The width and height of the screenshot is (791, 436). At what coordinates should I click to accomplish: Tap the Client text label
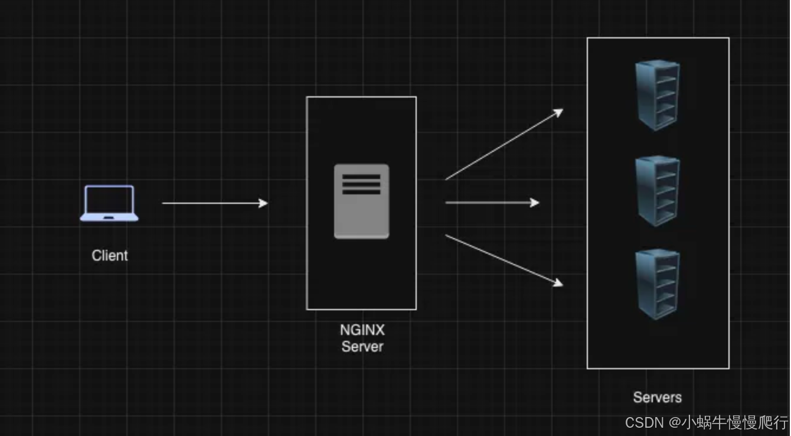pos(110,256)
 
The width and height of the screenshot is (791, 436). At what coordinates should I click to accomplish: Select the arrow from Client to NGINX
pos(213,203)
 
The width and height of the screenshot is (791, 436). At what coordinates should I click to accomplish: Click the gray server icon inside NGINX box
pos(361,201)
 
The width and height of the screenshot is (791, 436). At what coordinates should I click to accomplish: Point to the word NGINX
pos(362,330)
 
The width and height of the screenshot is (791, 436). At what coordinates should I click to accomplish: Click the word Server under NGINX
pos(362,347)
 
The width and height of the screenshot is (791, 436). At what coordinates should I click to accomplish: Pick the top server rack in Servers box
pos(658,95)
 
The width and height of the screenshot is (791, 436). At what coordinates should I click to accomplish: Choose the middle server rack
pos(658,191)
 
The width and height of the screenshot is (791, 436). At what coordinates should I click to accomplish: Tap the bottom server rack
pos(658,284)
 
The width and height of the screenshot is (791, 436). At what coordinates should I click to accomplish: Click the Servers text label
pos(657,398)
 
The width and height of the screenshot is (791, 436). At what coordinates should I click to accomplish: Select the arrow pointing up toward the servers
pos(502,145)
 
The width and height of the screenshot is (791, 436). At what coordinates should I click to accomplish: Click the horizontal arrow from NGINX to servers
pos(490,203)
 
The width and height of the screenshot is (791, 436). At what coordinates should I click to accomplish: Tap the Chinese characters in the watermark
pos(735,423)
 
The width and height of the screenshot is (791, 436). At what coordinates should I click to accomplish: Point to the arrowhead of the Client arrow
pos(264,203)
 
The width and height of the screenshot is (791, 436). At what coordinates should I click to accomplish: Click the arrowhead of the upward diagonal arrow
pos(558,112)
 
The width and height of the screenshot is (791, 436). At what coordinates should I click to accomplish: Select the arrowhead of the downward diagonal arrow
pos(558,284)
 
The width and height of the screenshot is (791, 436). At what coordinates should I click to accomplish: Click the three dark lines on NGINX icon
pos(361,184)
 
